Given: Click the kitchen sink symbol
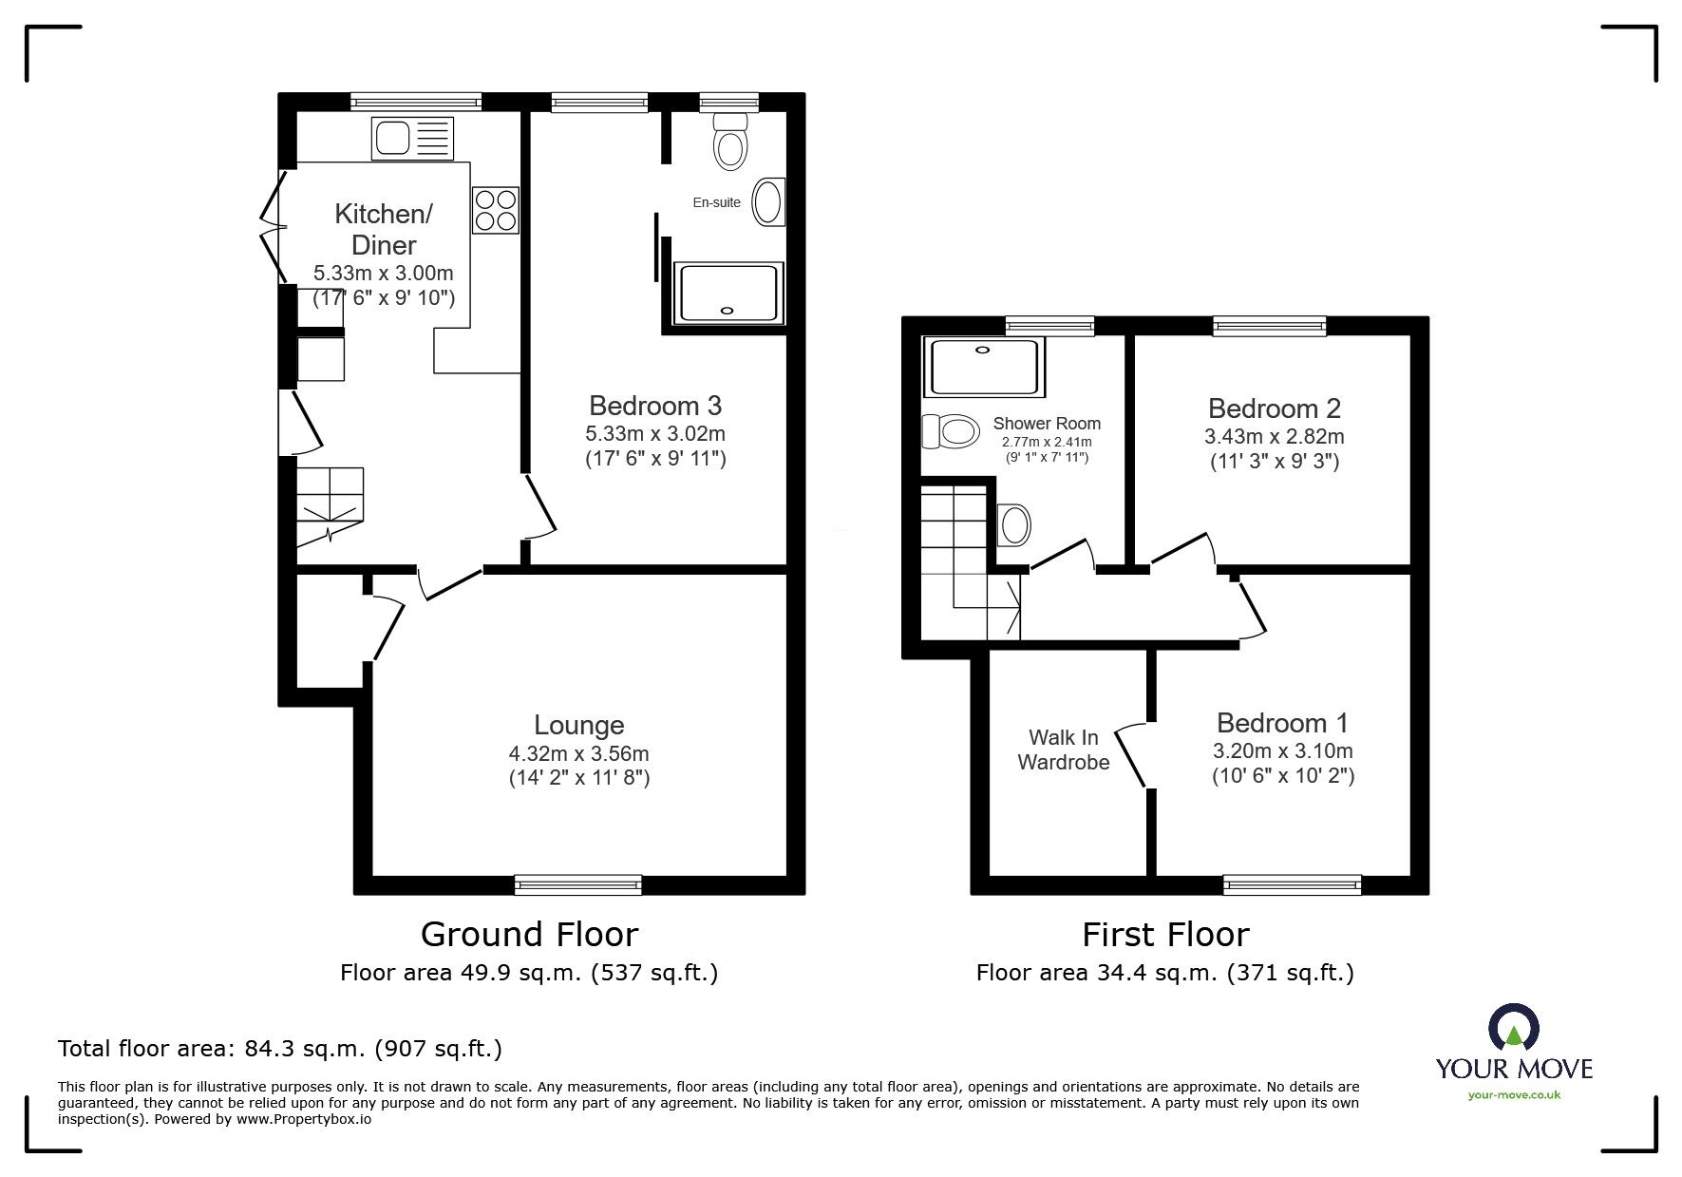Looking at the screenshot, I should pyautogui.click(x=412, y=139).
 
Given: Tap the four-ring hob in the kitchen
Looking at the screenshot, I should pyautogui.click(x=496, y=210).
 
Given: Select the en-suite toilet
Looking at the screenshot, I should pyautogui.click(x=729, y=141).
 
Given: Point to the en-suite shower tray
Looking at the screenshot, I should pyautogui.click(x=728, y=294).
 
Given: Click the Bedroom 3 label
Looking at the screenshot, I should pyautogui.click(x=655, y=406).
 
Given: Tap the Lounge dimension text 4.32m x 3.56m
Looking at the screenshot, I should pyautogui.click(x=578, y=753).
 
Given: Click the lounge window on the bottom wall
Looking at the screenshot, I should pyautogui.click(x=577, y=885).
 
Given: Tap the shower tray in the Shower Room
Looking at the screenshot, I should pyautogui.click(x=984, y=367).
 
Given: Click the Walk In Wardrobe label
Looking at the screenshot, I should pyautogui.click(x=1063, y=750).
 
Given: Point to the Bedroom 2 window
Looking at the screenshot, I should pyautogui.click(x=1269, y=327).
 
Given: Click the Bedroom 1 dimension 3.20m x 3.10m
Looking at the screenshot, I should pyautogui.click(x=1282, y=750).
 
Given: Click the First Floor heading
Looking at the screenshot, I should pyautogui.click(x=1164, y=935).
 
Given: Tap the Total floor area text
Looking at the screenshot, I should pyautogui.click(x=280, y=1049).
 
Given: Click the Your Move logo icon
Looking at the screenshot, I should pyautogui.click(x=1513, y=1028).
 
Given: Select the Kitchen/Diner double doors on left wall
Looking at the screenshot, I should pyautogui.click(x=274, y=228).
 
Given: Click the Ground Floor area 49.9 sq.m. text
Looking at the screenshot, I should pyautogui.click(x=529, y=973).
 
